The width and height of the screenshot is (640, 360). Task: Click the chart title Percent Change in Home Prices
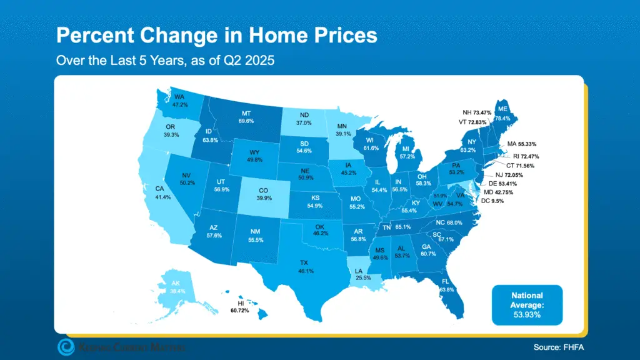pyautogui.click(x=216, y=34)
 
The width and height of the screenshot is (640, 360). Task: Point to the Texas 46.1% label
pyautogui.click(x=306, y=267)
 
